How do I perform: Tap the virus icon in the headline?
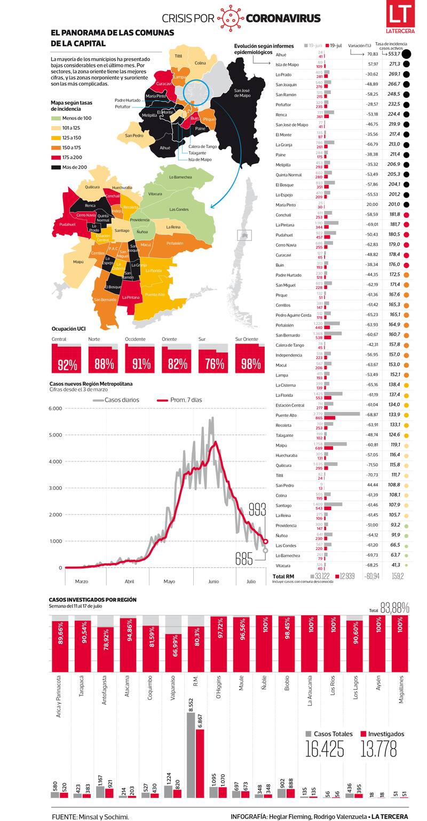(x=230, y=18)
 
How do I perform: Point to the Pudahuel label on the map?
(x=67, y=224)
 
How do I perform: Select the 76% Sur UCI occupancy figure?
(x=213, y=364)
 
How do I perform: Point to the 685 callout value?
(x=243, y=559)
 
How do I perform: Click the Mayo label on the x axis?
(x=169, y=581)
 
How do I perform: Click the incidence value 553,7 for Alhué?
(x=394, y=54)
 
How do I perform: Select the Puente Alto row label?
(x=286, y=415)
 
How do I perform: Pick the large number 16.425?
(x=325, y=749)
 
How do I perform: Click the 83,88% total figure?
(x=394, y=608)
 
